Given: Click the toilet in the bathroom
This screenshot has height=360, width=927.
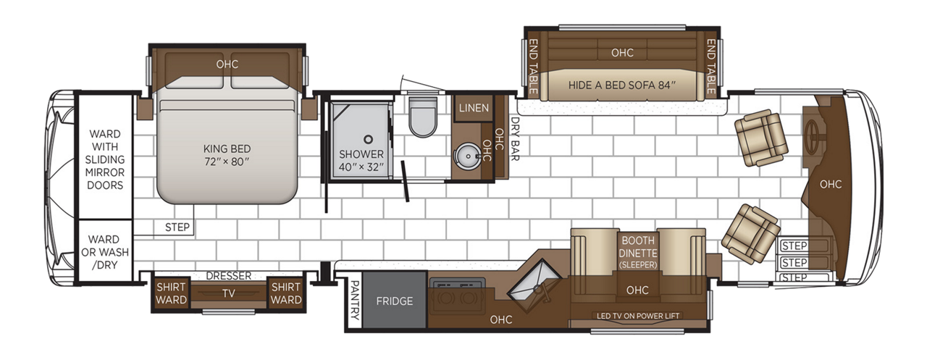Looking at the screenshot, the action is tap(422, 117).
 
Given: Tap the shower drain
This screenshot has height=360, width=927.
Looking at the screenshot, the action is tap(368, 140).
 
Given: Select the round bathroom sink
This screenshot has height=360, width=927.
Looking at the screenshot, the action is tap(468, 156).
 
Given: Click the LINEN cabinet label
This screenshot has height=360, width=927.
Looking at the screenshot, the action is tap(474, 108).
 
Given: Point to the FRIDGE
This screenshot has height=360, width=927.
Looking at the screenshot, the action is tap(395, 301).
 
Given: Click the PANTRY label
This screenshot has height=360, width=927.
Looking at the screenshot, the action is tap(354, 300).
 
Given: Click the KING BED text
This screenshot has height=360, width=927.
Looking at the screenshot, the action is tap(227, 148).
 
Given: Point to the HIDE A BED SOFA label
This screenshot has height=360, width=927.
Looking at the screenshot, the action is tap(621, 85).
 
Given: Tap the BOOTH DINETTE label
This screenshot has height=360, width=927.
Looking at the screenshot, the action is tap(638, 246).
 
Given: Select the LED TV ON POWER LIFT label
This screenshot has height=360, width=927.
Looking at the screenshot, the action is tap(638, 316).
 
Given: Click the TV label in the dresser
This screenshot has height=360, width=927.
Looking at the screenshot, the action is tap(228, 293).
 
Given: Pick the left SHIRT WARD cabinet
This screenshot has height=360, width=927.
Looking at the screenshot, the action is tap(171, 293).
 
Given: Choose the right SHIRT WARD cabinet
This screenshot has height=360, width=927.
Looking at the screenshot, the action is tap(285, 293).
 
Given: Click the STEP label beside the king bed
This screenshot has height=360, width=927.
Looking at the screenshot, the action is tap(177, 227).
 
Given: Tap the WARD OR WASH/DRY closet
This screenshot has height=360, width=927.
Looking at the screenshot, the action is tap(105, 251).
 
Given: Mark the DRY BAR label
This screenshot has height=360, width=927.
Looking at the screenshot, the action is tap(515, 138).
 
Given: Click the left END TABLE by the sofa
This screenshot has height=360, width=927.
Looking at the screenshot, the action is tap(533, 66).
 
